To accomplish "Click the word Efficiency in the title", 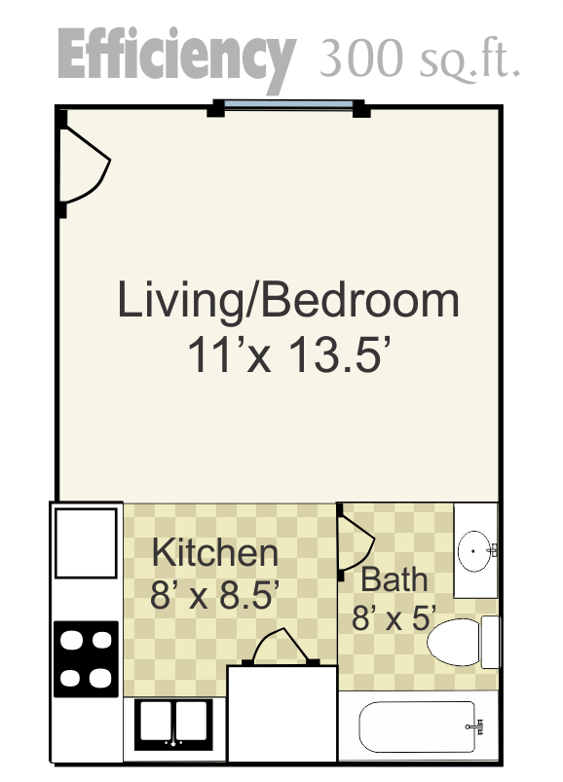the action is pos(177,58).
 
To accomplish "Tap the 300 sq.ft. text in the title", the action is pos(420,57).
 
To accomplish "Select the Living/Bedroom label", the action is pos(287,301).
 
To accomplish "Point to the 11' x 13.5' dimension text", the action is pos(287,354).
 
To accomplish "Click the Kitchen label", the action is pos(215,552).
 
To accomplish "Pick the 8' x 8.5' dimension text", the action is pos(214,594).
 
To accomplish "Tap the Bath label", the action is pos(394,579).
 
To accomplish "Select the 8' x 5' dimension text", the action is pos(394,617).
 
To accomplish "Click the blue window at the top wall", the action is pos(288,104).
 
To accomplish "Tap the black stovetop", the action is pos(86,659).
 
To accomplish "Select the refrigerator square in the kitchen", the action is pos(86,542).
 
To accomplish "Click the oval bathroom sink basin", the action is pos(475,551).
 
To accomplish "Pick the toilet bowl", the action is pos(453,643).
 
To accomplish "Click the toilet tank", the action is pos(490,642).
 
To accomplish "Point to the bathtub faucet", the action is pos(475,726).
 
